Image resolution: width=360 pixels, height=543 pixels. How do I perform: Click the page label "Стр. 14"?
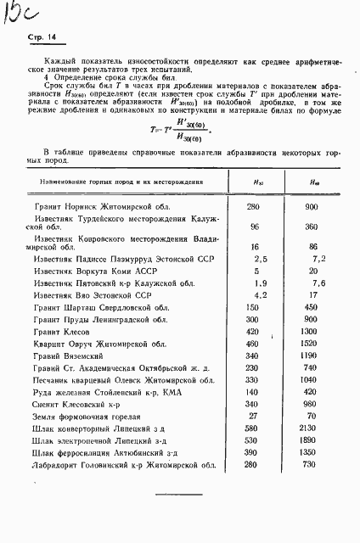pos(42,37)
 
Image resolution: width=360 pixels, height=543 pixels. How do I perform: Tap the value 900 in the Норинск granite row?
pos(311,207)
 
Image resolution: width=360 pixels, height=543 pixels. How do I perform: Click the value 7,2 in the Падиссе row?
pos(318,258)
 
